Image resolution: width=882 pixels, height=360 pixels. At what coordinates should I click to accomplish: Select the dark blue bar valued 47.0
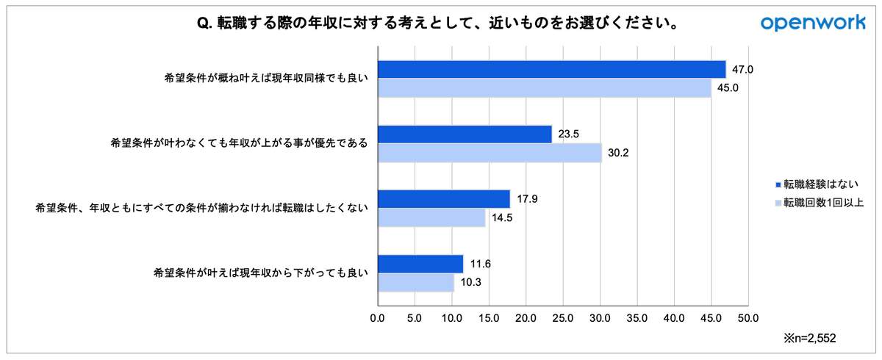pyautogui.click(x=551, y=69)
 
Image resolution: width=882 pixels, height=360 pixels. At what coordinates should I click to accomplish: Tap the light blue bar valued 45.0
pyautogui.click(x=544, y=88)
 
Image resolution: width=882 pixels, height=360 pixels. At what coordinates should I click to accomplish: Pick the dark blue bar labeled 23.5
pyautogui.click(x=465, y=134)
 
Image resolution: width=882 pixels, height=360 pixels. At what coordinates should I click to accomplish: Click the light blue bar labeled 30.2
pyautogui.click(x=490, y=153)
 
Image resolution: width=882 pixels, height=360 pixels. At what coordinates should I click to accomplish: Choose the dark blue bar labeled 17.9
pyautogui.click(x=444, y=199)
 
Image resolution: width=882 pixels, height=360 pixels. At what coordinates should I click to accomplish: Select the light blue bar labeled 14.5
pyautogui.click(x=431, y=218)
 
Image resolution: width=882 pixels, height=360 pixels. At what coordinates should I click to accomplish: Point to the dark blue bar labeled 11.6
pyautogui.click(x=420, y=264)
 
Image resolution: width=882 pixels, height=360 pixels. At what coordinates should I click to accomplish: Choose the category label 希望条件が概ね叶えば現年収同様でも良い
pyautogui.click(x=265, y=78)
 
